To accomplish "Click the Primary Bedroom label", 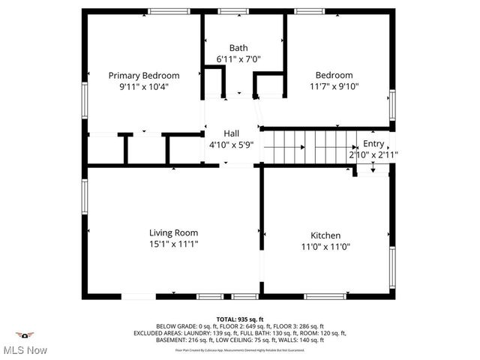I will tap(144, 75).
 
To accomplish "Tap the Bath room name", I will tap(238, 48).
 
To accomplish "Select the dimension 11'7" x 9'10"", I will tap(334, 85).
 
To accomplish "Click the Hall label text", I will tap(231, 134).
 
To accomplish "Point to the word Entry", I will tap(373, 143).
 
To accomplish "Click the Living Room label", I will tap(173, 232).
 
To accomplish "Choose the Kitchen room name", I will tap(325, 235).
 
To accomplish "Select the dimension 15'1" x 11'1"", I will tap(173, 244).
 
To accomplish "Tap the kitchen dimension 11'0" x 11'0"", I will tap(325, 246).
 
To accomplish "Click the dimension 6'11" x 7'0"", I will tap(238, 58).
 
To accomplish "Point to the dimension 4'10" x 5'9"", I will tap(231, 145).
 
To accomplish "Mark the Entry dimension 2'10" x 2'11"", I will tap(373, 154).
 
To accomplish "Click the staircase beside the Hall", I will tap(311, 147).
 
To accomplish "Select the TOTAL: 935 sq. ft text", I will tap(239, 319).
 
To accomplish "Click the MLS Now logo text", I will tap(26, 349).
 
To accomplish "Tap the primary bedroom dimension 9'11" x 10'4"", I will tap(144, 86).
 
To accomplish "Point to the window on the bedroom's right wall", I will tap(391, 104).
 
